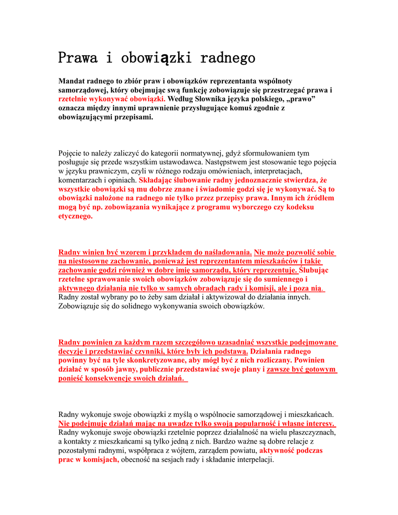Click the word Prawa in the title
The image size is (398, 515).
[x=77, y=57]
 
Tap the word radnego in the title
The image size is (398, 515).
[x=227, y=57]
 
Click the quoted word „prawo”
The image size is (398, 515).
[x=299, y=99]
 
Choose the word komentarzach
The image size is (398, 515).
[x=82, y=180]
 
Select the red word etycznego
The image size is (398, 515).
[x=76, y=216]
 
